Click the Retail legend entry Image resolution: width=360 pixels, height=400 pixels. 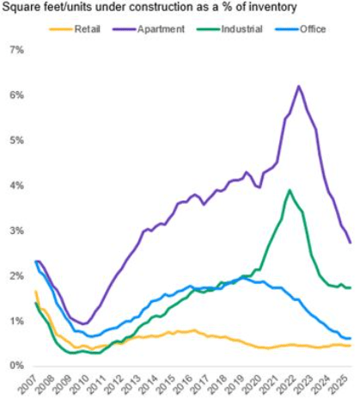[75, 29]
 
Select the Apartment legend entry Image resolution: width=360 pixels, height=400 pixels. [149, 29]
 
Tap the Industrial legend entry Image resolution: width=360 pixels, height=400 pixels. [229, 29]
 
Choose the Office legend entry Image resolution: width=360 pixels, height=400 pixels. [301, 29]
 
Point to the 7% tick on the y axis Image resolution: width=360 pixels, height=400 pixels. [17, 51]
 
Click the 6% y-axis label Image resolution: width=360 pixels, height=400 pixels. [17, 95]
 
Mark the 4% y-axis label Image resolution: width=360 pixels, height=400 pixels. [17, 186]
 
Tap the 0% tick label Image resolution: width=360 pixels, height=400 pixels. [17, 366]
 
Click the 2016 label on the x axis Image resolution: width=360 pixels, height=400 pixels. [184, 385]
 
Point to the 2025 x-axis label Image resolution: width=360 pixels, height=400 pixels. [339, 385]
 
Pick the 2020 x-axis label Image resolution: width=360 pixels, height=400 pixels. [253, 385]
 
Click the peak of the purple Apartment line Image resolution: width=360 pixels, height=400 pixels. [299, 86]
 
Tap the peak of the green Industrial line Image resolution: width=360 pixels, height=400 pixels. [290, 190]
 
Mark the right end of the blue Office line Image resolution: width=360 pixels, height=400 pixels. [351, 338]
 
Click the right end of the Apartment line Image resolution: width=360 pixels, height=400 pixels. [351, 243]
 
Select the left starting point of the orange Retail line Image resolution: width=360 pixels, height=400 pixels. [35, 292]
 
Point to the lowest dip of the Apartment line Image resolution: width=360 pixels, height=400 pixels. [84, 324]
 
